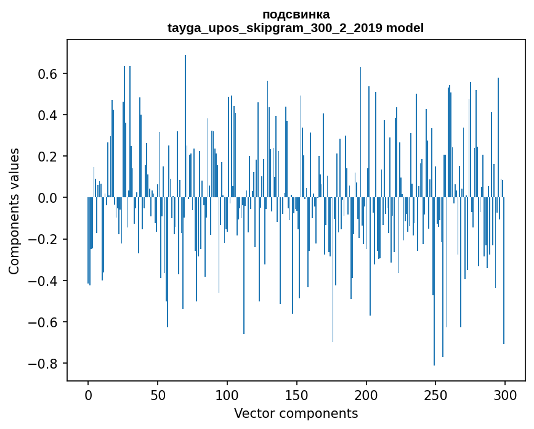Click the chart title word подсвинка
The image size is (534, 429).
[296, 14]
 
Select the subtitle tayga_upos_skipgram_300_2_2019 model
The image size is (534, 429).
[296, 28]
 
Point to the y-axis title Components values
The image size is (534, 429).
[14, 211]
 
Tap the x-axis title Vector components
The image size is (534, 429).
[296, 413]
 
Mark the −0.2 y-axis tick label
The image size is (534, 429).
[44, 239]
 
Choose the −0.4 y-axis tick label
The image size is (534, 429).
[44, 280]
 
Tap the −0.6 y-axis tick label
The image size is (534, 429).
[44, 322]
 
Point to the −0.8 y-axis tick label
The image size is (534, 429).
[44, 363]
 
